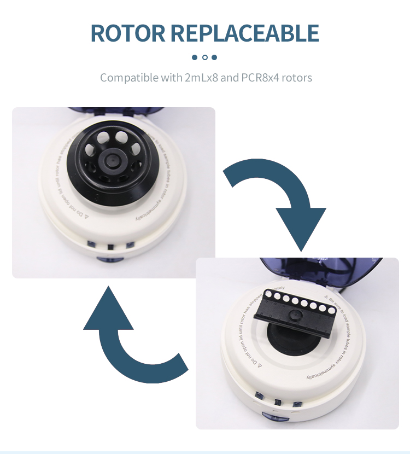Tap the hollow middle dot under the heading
click(x=205, y=57)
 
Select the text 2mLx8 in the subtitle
click(x=202, y=77)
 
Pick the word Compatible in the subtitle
click(x=129, y=77)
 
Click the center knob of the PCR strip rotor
click(x=296, y=316)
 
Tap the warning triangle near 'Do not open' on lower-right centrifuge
click(x=261, y=365)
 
